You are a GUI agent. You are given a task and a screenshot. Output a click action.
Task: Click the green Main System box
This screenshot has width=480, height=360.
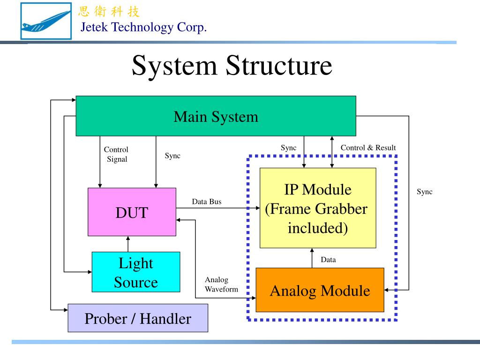(x=216, y=116)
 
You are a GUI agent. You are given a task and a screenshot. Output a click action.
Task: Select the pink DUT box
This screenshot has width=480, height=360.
(x=132, y=212)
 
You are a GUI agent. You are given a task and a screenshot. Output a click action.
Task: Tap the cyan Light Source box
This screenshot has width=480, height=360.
(x=135, y=272)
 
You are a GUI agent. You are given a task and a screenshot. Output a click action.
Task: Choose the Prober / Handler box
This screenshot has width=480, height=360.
(x=137, y=318)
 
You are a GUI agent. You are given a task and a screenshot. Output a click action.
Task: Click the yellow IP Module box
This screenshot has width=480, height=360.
(x=318, y=208)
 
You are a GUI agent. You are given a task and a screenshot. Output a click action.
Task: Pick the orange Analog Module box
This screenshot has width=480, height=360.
(x=320, y=290)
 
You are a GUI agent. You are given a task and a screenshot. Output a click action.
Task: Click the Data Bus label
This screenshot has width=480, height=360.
(x=206, y=202)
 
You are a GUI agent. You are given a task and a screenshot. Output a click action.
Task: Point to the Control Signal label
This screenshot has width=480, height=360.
(x=116, y=154)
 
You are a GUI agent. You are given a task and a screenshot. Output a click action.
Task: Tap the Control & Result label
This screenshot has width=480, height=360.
(x=368, y=148)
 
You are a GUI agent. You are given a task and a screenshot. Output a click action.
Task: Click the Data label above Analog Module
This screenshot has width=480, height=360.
(x=328, y=260)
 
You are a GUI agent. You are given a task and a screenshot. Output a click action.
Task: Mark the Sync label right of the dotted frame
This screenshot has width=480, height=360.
(x=425, y=192)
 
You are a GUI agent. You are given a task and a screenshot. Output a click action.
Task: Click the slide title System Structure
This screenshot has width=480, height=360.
(x=232, y=66)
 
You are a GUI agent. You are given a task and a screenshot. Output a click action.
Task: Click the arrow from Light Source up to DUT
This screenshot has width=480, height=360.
(x=128, y=244)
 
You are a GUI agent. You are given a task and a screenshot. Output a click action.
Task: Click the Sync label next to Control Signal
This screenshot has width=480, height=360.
(x=172, y=156)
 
